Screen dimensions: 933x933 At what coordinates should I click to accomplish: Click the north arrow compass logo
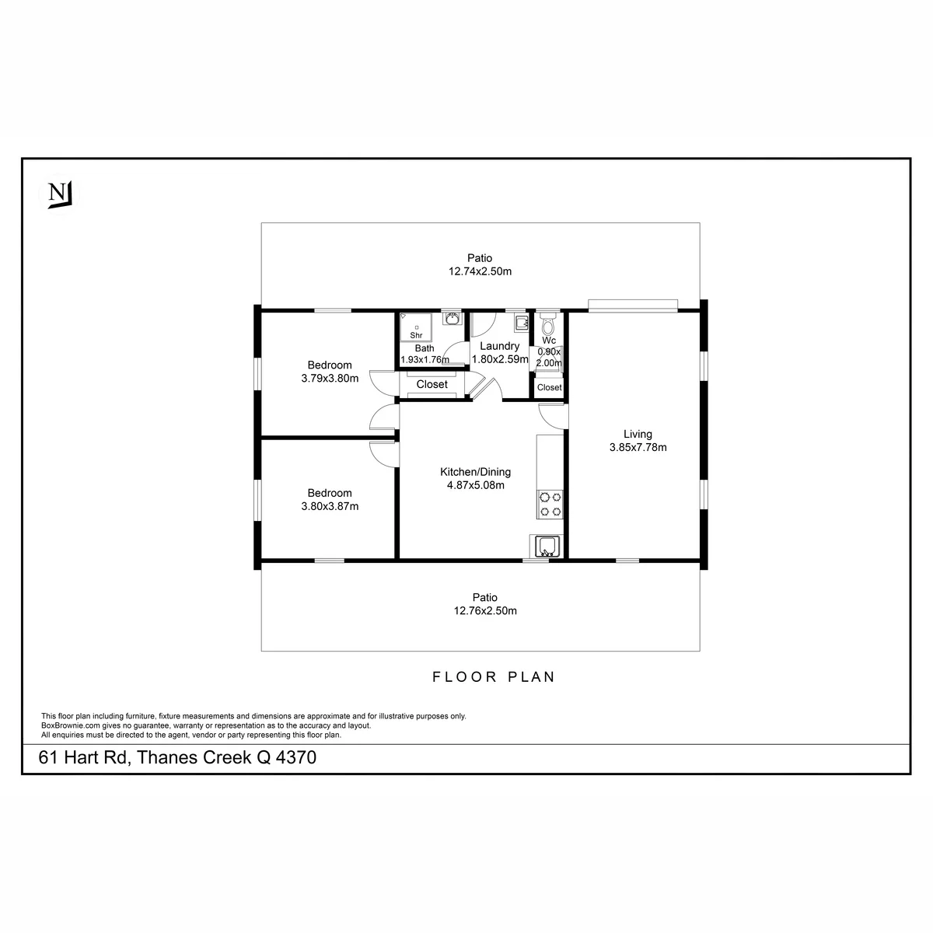point(59,194)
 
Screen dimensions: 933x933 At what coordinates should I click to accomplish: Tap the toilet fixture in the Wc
point(547,323)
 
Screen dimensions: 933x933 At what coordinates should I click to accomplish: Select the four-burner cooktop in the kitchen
point(550,505)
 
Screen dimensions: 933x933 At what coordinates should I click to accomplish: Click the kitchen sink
point(547,546)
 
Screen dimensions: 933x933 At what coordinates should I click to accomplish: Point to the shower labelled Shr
point(416,327)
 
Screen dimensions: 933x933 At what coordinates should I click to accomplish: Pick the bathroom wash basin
point(453,319)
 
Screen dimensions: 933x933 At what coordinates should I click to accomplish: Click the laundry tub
point(522,323)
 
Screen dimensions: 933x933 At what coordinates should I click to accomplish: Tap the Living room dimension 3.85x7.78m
point(638,447)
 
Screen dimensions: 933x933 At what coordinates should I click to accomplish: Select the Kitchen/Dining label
point(475,472)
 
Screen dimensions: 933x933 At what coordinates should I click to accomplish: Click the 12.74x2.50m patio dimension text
point(480,271)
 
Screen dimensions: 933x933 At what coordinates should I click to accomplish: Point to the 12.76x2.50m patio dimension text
point(485,610)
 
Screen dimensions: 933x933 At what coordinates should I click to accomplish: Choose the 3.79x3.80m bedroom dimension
point(330,378)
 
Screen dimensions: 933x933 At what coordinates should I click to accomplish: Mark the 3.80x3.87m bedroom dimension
point(330,506)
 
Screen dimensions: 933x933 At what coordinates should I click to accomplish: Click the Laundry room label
point(500,346)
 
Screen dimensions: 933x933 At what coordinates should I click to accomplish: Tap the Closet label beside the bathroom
point(432,384)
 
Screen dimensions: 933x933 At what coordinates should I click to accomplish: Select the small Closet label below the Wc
point(549,387)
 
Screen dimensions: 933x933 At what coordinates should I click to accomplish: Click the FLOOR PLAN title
point(494,676)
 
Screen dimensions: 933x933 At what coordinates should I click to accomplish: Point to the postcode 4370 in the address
point(295,757)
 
